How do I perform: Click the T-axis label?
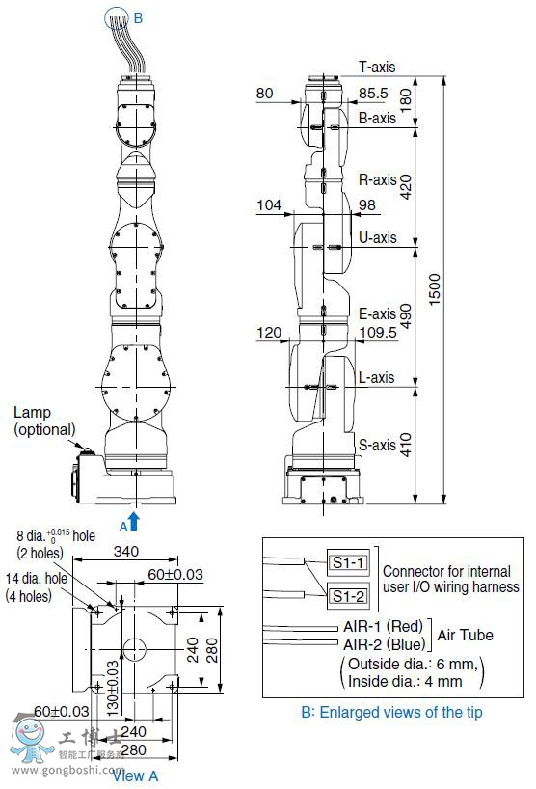(377, 68)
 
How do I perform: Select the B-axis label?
(377, 118)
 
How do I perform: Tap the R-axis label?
(377, 179)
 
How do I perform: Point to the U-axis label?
(377, 237)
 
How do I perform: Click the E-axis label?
(377, 313)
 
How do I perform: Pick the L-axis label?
(377, 377)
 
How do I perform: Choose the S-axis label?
(377, 445)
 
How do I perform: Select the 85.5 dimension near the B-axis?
(373, 95)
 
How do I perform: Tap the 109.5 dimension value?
(377, 333)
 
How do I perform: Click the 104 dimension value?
(271, 205)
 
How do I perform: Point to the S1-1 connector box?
(348, 562)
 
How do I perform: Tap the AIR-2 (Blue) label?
(384, 643)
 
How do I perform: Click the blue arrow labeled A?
(133, 522)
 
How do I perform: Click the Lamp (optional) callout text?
(46, 421)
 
